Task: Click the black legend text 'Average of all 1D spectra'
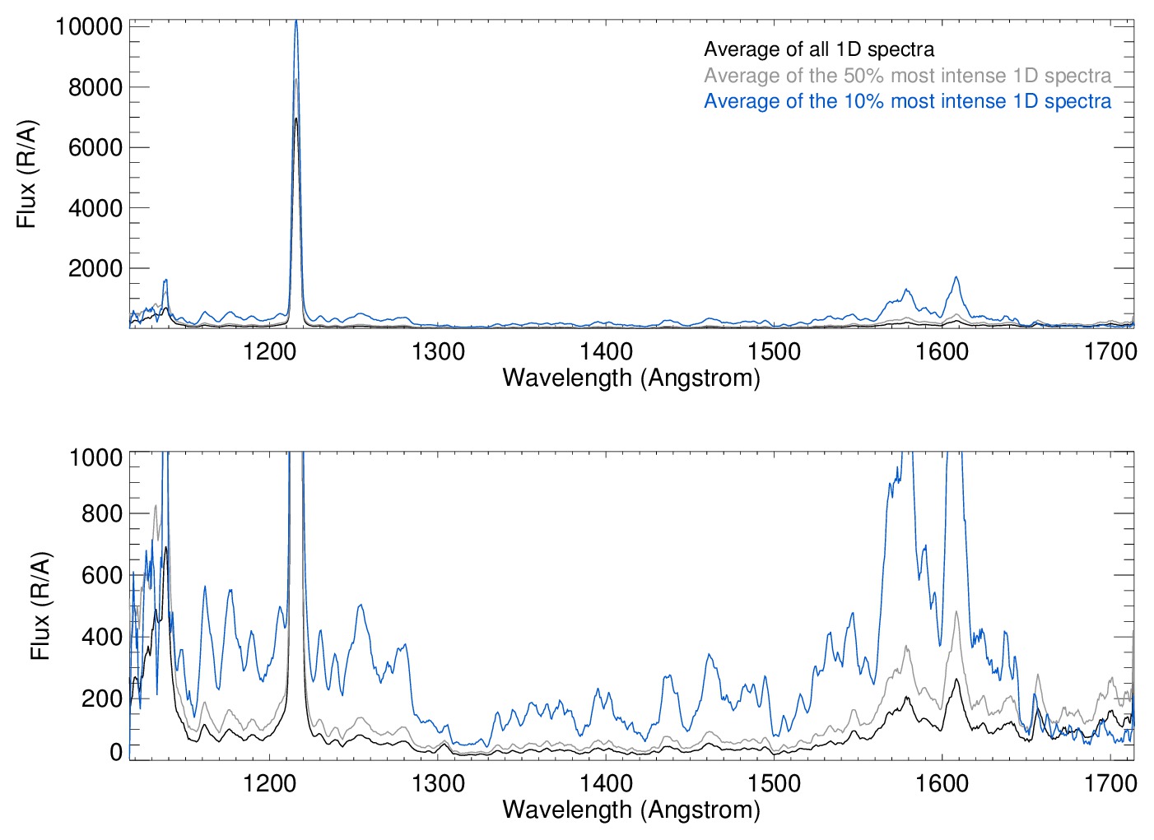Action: (x=819, y=49)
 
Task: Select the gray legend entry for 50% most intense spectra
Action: (x=907, y=76)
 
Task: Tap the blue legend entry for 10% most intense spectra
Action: (x=907, y=101)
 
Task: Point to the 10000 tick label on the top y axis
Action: (x=89, y=26)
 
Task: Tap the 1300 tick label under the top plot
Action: (x=438, y=352)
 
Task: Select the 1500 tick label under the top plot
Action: (x=774, y=352)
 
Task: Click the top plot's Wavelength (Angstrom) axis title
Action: (x=631, y=378)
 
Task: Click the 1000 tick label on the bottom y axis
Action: (x=95, y=457)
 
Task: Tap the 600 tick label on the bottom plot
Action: (x=102, y=575)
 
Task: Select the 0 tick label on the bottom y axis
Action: (x=116, y=752)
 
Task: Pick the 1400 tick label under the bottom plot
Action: (x=606, y=783)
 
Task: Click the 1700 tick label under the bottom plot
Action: (x=1110, y=783)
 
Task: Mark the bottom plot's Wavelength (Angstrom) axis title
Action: (x=631, y=810)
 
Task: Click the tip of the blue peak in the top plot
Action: (x=296, y=21)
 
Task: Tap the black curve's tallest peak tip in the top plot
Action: (x=296, y=119)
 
